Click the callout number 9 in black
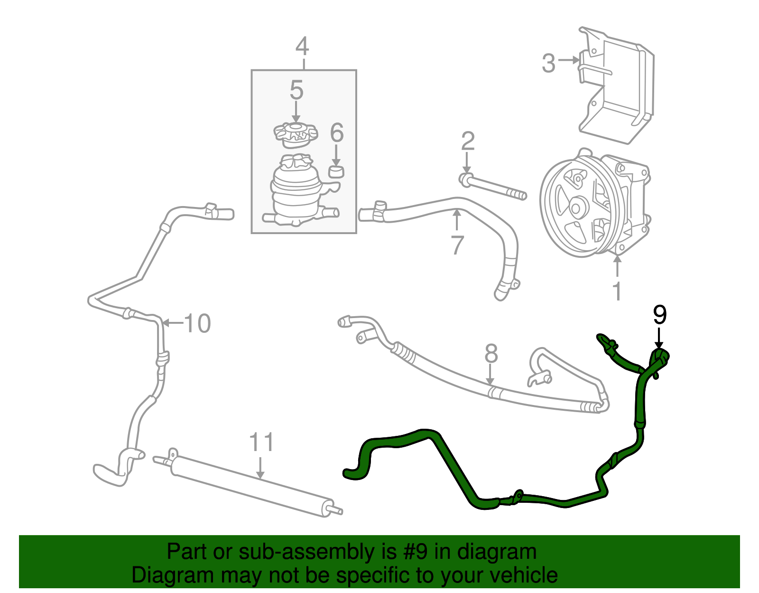pyautogui.click(x=659, y=315)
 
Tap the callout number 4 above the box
pyautogui.click(x=302, y=47)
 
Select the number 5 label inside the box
pyautogui.click(x=296, y=90)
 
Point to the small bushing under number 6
pyautogui.click(x=336, y=171)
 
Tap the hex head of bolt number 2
pyautogui.click(x=465, y=179)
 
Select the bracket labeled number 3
pyautogui.click(x=617, y=85)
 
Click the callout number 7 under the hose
pyautogui.click(x=457, y=245)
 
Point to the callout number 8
pyautogui.click(x=491, y=354)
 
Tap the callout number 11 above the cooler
pyautogui.click(x=261, y=442)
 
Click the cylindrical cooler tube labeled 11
pyautogui.click(x=251, y=484)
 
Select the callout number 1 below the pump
pyautogui.click(x=617, y=292)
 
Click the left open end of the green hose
pyautogui.click(x=346, y=472)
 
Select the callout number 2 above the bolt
pyautogui.click(x=468, y=141)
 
